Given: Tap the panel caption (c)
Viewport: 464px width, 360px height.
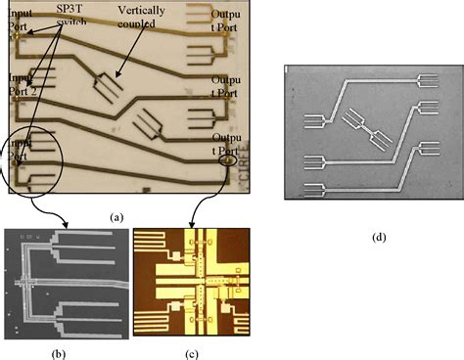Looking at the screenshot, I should tap(186, 349).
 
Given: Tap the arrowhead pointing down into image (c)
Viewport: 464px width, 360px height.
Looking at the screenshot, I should tap(187, 225).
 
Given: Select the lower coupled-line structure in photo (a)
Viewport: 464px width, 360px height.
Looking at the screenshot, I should tap(150, 123).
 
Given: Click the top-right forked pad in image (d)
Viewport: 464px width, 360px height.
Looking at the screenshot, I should tap(428, 79).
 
